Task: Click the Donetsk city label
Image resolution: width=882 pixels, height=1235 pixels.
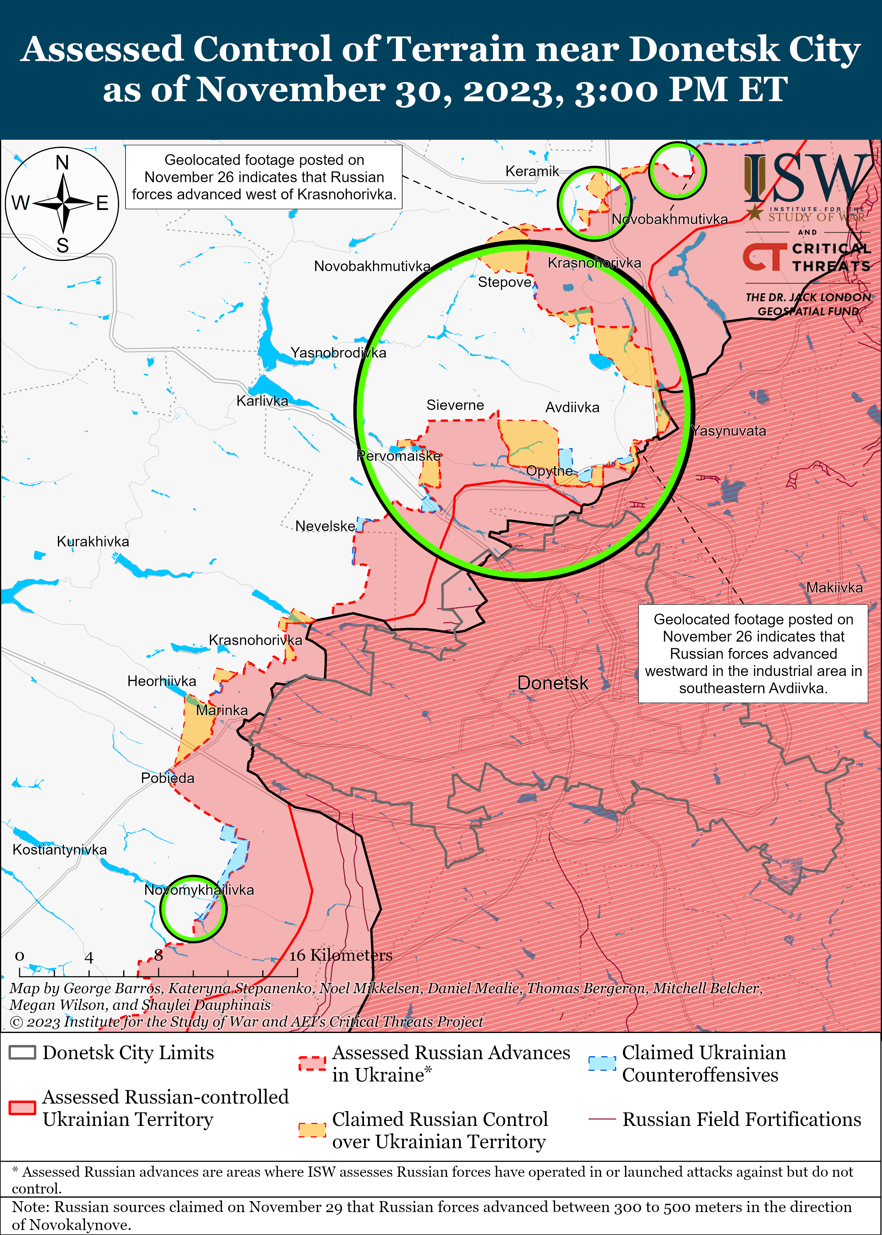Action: click(552, 683)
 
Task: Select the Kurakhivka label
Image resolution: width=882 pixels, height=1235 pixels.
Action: click(93, 541)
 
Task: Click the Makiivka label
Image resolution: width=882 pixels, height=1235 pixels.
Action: click(834, 588)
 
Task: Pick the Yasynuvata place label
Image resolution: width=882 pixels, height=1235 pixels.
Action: click(729, 431)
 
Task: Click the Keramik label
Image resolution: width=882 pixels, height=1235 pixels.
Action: click(532, 172)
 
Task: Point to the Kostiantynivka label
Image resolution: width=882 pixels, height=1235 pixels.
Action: click(60, 850)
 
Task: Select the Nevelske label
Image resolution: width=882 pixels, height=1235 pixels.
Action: click(325, 526)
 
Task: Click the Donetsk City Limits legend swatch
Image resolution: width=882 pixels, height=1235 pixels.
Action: click(22, 1052)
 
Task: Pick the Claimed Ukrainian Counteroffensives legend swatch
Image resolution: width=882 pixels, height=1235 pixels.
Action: click(602, 1063)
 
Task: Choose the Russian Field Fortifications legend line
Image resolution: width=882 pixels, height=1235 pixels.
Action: click(602, 1119)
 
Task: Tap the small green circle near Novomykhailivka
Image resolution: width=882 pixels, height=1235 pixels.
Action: click(193, 909)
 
